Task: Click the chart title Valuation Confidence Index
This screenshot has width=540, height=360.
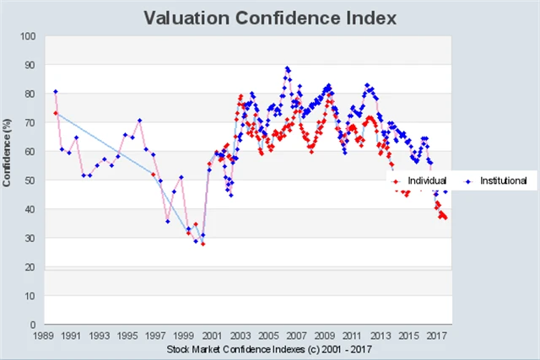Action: [269, 17]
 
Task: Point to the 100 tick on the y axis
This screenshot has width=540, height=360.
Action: [29, 36]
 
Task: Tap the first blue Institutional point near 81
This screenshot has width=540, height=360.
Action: [56, 91]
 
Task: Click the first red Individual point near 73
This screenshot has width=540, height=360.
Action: [56, 113]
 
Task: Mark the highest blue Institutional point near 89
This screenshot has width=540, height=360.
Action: [287, 68]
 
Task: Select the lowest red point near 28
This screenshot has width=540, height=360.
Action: [202, 244]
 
